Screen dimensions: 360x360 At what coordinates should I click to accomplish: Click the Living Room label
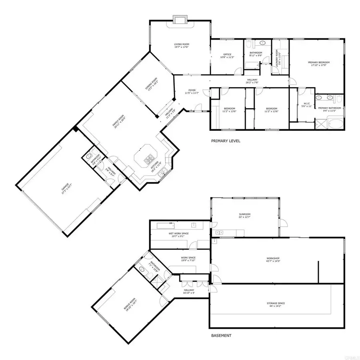[x=181, y=46]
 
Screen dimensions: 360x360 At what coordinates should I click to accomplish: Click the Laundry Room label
[x=279, y=59]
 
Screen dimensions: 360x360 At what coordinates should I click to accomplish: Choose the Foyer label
[x=192, y=92]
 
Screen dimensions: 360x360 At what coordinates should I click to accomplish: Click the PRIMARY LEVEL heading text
[x=226, y=141]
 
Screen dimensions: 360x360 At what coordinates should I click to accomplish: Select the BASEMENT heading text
[x=221, y=336]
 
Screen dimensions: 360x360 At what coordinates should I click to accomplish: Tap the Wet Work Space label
[x=178, y=234]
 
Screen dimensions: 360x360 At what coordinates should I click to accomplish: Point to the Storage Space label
[x=276, y=304]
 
